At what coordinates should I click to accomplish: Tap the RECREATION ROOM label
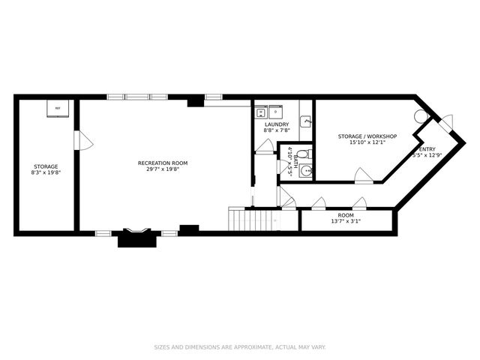[163, 163]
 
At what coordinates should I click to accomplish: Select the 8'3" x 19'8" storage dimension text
[46, 172]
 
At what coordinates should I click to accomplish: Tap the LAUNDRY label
[276, 124]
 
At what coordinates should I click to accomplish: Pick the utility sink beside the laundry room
[306, 121]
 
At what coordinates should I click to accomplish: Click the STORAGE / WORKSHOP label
[367, 136]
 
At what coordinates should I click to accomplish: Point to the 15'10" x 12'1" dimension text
[367, 142]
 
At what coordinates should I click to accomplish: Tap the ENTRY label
[427, 149]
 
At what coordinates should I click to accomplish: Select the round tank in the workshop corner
[421, 116]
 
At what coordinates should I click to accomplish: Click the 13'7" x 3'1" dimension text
[346, 221]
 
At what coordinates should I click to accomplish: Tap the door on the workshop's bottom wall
[363, 176]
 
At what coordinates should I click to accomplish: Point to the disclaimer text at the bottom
[240, 347]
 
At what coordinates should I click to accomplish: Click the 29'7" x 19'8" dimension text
[163, 169]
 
